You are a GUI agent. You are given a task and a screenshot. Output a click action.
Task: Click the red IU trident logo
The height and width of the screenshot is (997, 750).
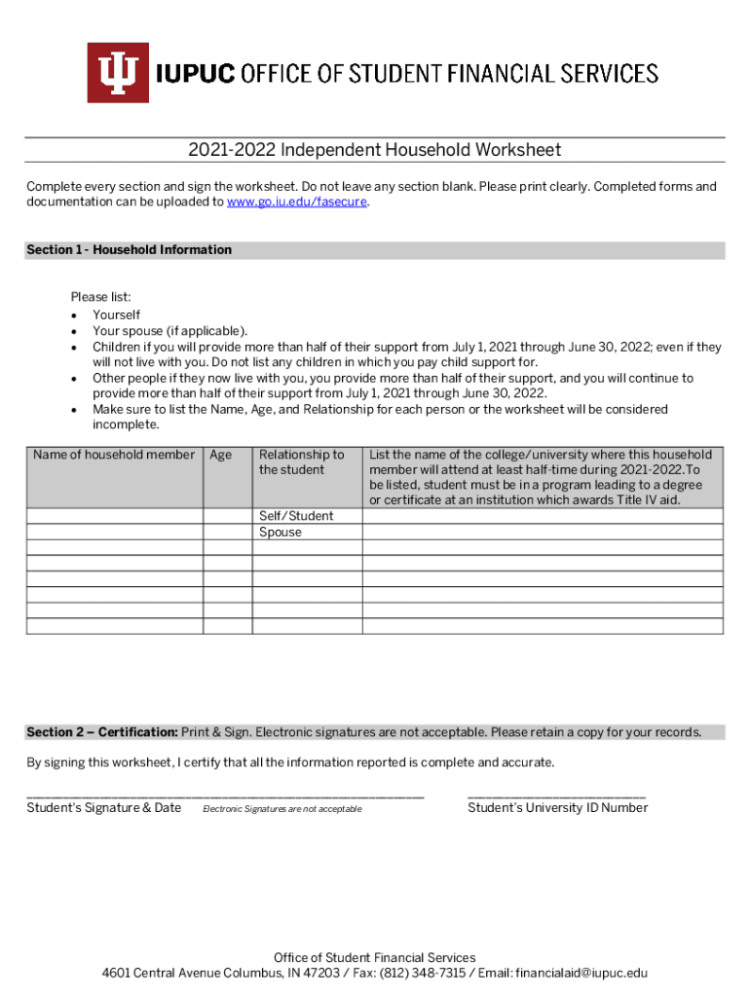118,73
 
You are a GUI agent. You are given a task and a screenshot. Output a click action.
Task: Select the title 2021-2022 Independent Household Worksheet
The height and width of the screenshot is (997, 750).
375,150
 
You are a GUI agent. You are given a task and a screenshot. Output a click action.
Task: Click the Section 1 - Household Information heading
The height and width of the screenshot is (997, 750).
129,250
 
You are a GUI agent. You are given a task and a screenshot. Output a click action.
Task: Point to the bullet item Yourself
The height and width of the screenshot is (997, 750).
116,315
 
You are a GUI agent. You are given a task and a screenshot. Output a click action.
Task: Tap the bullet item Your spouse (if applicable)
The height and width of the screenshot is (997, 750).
169,331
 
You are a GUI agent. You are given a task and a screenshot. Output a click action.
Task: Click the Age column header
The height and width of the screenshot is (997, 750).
221,455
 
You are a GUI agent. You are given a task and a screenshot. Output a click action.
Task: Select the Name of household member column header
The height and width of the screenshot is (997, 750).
114,455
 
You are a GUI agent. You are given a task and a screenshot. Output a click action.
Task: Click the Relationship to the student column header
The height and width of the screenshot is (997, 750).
301,462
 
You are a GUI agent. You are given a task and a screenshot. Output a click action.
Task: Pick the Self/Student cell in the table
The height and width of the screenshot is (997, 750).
295,516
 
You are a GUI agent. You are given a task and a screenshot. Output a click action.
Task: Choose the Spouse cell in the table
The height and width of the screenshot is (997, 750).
281,533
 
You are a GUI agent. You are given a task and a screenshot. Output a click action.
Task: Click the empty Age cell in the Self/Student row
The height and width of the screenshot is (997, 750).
227,516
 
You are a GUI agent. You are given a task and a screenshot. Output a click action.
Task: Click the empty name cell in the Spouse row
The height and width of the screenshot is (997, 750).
114,533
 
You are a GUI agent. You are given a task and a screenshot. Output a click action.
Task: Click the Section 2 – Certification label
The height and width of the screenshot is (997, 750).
102,732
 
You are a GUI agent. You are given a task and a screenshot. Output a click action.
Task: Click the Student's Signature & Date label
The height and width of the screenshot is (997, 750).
103,808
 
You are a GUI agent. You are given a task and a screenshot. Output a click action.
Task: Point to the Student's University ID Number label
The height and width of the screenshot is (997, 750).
557,808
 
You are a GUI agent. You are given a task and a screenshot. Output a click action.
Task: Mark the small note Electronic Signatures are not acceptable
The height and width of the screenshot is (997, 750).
281,810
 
